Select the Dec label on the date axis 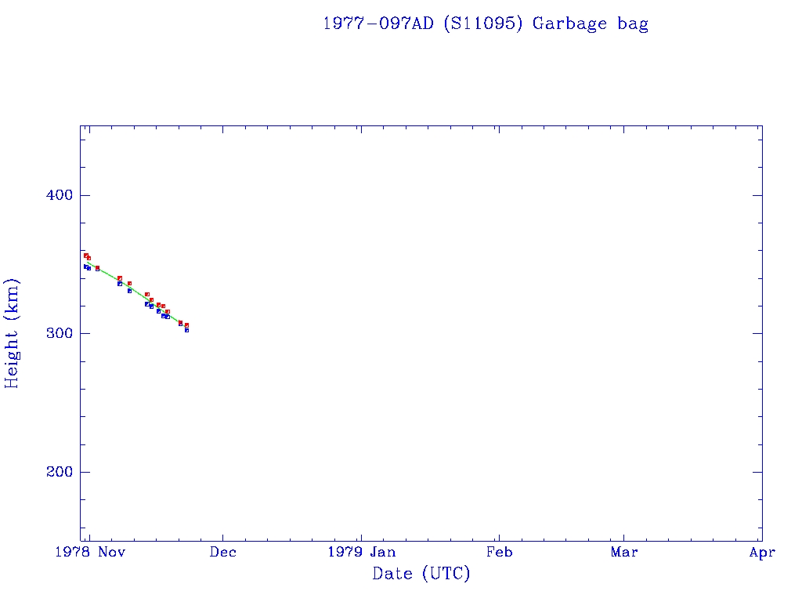[223, 553]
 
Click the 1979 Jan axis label [361, 553]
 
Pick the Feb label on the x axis [499, 553]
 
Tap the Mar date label [624, 553]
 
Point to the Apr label [762, 553]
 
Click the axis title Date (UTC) [421, 575]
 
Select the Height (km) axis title [12, 333]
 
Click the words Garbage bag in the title [591, 24]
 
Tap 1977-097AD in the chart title [378, 24]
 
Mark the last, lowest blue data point [186, 330]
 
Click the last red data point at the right [186, 325]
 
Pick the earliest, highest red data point [85, 256]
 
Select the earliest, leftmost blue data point [85, 267]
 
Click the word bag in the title [633, 24]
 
